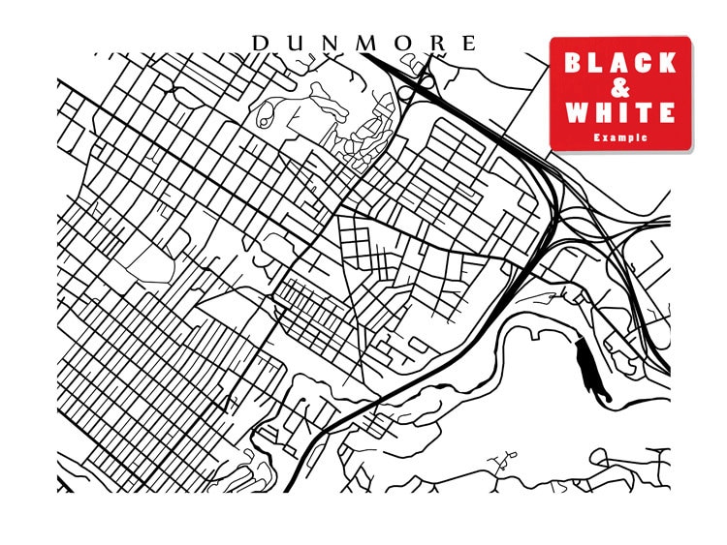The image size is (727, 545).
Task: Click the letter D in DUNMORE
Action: pos(259,44)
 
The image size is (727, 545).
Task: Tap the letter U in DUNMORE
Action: pos(294,44)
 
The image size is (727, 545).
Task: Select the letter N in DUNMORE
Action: pos(329,44)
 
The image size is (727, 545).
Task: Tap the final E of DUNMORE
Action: pos(469,44)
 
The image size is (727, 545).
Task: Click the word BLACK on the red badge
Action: pos(620,64)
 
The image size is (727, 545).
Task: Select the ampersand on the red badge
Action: pos(620,88)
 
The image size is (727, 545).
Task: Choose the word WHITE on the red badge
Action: pos(620,113)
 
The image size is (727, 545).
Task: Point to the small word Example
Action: pos(620,138)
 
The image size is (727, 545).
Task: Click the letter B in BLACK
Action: pos(574,64)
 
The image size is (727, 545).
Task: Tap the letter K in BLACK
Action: pos(667,64)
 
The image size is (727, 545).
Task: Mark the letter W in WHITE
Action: pos(576,113)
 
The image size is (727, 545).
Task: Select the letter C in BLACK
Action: pos(644,64)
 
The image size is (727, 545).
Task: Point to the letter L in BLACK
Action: pos(597,64)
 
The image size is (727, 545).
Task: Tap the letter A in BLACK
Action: pos(620,64)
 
